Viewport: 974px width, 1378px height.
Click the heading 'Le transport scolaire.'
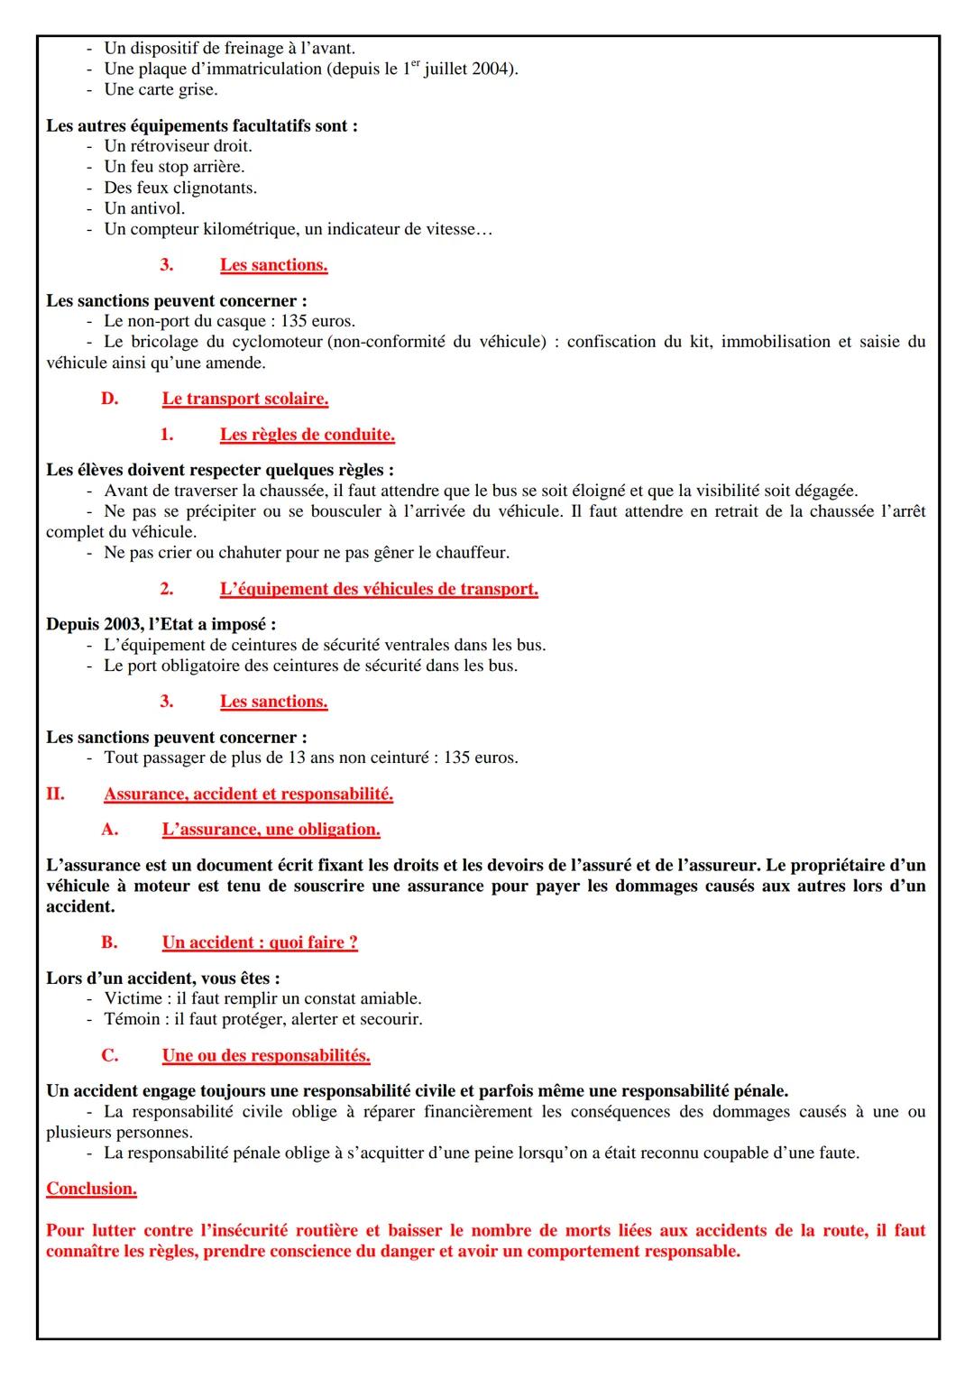pos(244,399)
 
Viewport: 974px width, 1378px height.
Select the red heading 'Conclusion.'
pos(91,1189)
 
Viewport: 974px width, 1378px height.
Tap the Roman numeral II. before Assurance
pos(55,795)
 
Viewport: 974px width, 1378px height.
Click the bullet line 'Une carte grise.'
pos(161,90)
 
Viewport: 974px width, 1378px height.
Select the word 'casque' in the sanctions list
pos(242,321)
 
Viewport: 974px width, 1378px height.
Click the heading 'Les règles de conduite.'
pos(307,435)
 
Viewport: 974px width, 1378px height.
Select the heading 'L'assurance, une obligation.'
pos(271,830)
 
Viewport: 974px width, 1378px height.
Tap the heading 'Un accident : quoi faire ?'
pos(260,942)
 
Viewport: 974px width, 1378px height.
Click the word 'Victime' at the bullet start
pos(133,999)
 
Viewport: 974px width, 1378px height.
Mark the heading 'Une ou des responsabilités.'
pos(266,1055)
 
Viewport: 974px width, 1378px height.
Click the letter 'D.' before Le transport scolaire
pos(109,399)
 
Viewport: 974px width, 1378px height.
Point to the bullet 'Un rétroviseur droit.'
pos(178,146)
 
